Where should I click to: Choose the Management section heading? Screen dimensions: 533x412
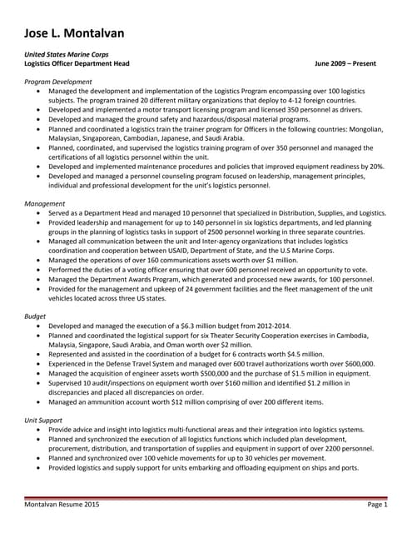[x=45, y=202]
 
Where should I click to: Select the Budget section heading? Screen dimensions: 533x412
[x=35, y=316]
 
